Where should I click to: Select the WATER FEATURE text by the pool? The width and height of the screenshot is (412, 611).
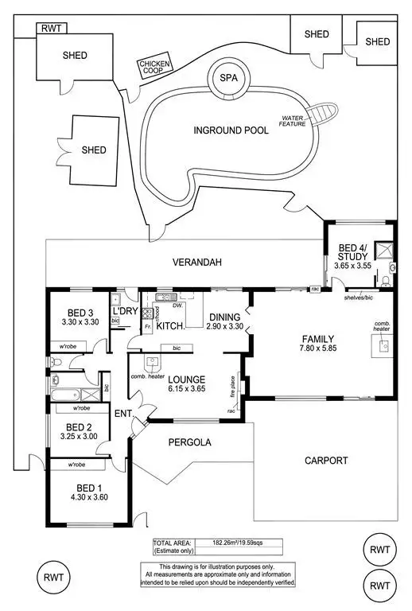click(292, 122)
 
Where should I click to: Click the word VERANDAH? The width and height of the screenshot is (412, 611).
click(199, 263)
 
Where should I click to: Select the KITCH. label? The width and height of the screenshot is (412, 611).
click(170, 326)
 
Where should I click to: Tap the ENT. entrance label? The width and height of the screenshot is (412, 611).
click(122, 414)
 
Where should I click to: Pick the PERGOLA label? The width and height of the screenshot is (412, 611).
click(189, 442)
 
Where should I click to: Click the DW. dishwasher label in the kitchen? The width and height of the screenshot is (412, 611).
click(179, 305)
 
